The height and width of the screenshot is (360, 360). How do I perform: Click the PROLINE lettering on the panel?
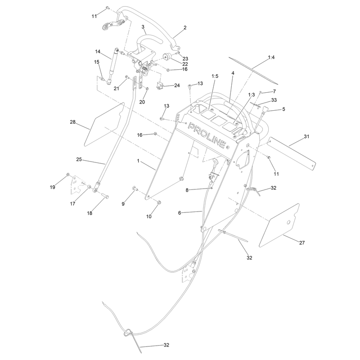coord(207,135)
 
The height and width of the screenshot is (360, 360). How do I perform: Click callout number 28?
coord(72,122)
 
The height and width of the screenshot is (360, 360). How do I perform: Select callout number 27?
coord(302,243)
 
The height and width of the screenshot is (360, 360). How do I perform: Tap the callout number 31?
coord(306,136)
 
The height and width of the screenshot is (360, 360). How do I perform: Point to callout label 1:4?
coord(271,57)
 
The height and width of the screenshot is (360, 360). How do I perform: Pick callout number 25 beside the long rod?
coord(79,159)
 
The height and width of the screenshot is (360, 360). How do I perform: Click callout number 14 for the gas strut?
coord(98,51)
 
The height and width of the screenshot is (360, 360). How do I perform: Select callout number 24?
coord(177,85)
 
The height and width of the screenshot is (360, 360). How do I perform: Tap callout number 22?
coord(185,64)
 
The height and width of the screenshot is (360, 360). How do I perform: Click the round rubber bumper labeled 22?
coord(167,56)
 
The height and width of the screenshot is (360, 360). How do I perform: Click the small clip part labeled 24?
coord(160,86)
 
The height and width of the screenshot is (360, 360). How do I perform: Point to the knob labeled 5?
coord(265,109)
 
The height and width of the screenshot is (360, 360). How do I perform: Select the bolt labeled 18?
coord(105,196)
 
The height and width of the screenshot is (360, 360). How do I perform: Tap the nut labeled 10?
coord(159,202)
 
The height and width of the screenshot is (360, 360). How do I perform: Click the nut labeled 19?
coord(68,175)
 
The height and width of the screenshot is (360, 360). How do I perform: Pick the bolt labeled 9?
coord(135,189)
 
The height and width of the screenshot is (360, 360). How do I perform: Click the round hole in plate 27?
coord(289,222)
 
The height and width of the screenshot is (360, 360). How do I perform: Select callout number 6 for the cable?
coord(180,213)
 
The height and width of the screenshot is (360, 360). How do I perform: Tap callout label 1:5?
coord(215,76)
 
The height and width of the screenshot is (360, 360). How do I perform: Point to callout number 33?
coord(274,100)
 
